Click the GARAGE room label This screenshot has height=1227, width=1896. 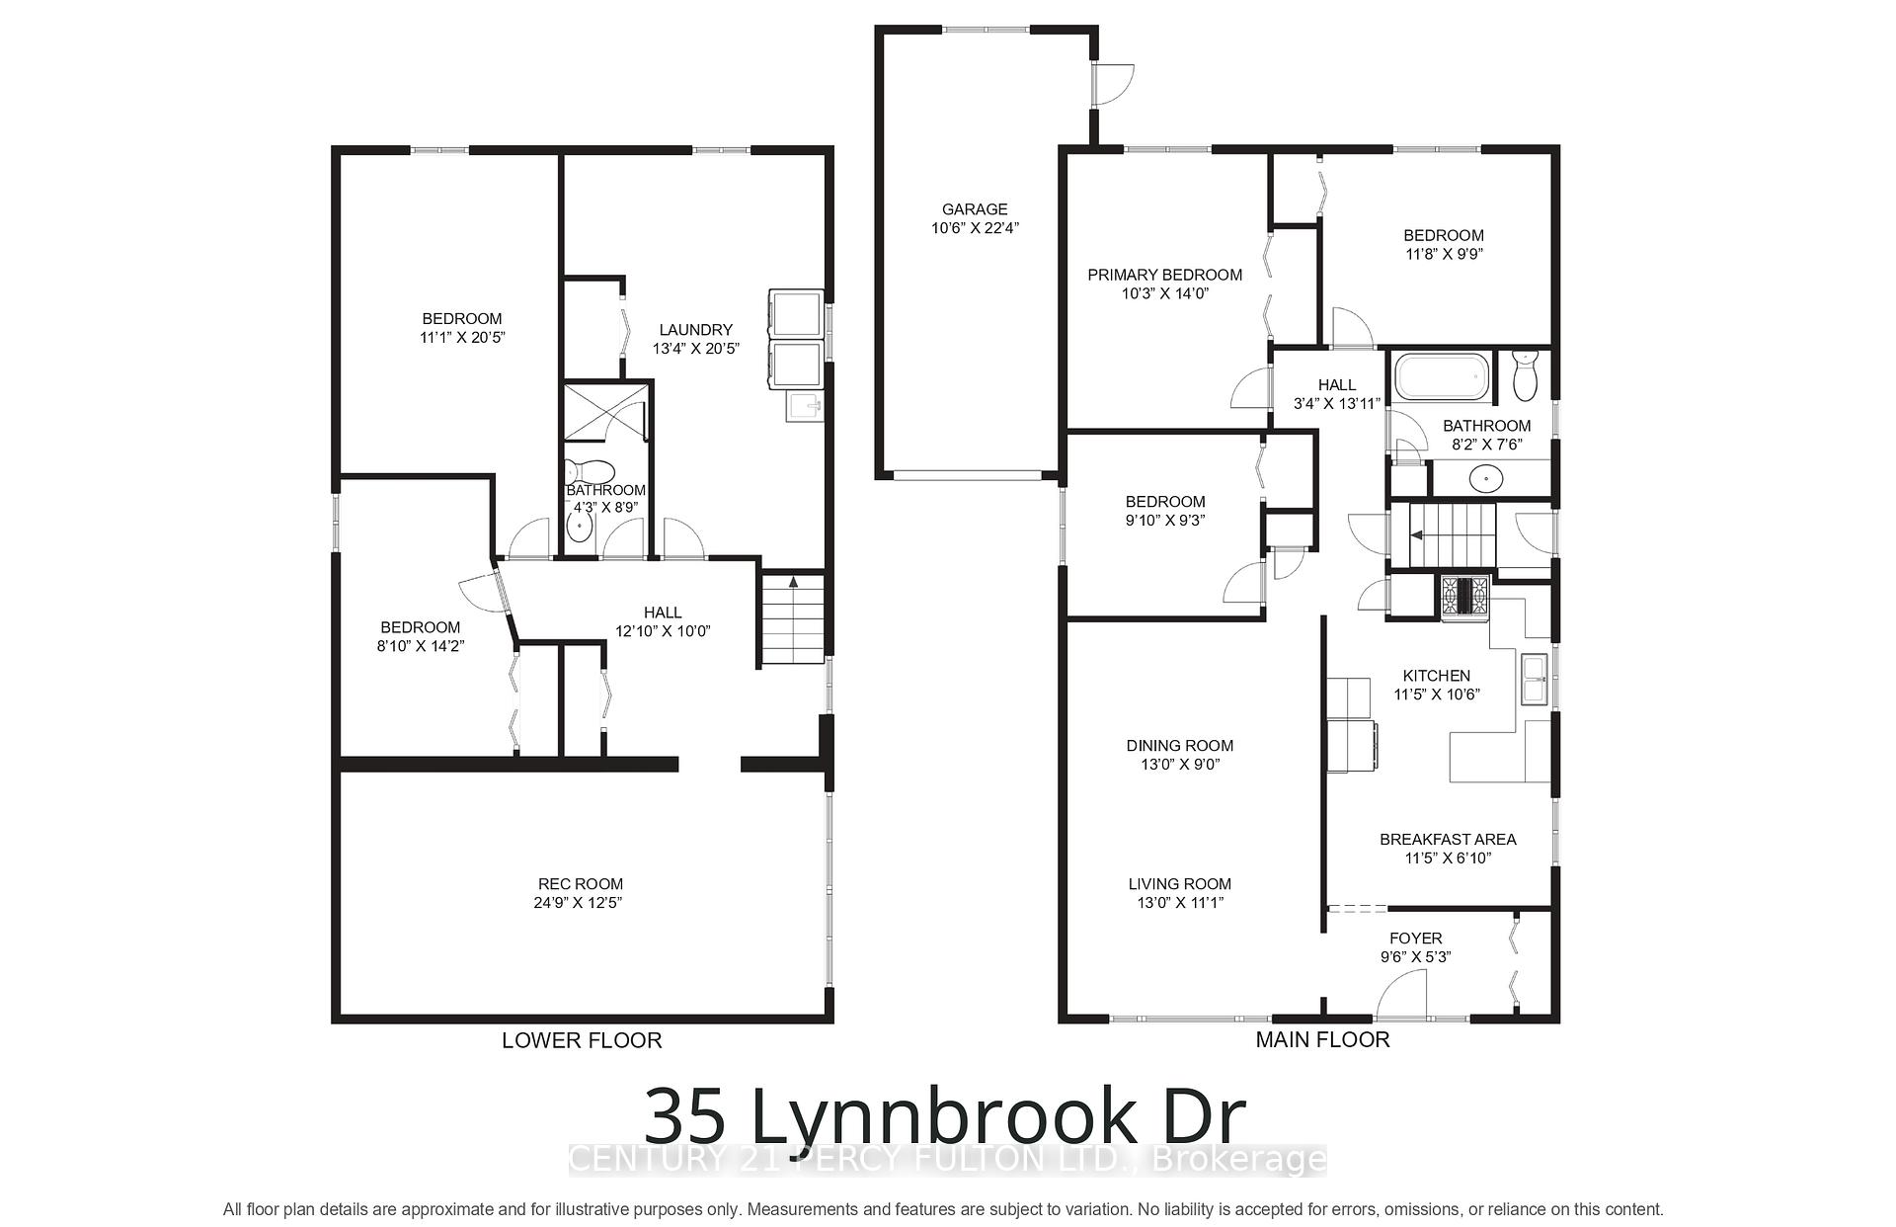974,209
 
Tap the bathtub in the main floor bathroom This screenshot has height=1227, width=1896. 1441,378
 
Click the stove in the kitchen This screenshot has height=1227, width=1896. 1464,597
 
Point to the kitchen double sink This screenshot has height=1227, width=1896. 1535,680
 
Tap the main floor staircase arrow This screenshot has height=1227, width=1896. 1416,535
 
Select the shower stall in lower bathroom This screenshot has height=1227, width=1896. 604,412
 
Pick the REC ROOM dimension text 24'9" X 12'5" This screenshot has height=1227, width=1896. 580,903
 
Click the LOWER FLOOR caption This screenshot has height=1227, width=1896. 582,1040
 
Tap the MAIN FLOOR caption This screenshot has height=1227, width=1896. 1322,1039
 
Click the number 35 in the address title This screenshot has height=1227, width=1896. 687,1116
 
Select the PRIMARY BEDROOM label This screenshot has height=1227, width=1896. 1164,275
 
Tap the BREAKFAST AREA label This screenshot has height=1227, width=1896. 1447,840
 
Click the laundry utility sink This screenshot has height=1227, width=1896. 803,406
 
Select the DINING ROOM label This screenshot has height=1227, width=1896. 1179,746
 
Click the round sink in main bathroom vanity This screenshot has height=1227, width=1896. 1483,479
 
